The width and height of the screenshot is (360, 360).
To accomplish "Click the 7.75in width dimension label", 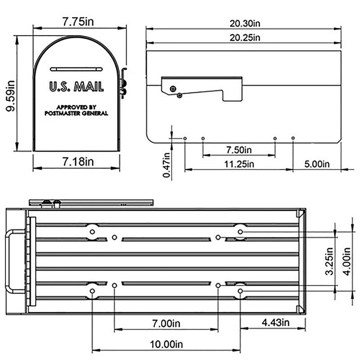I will (79, 21).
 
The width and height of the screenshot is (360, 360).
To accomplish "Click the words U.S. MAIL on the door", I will (76, 87).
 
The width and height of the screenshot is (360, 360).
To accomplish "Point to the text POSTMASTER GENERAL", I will (76, 113).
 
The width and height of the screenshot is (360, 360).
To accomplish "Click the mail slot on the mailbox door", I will (76, 69).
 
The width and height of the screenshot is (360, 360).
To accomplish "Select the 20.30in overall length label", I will (243, 23).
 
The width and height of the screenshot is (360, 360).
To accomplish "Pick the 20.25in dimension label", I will (243, 37).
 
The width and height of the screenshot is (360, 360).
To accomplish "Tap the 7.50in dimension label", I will (238, 149).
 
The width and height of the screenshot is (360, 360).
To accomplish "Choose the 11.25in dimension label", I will (239, 164).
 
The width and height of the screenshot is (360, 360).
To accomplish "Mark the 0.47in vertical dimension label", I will (166, 165).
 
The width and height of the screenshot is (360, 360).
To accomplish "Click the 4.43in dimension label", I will (272, 323).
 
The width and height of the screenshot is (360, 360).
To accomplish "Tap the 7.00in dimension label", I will (166, 324).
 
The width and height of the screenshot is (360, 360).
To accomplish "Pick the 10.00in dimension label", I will (166, 345).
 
